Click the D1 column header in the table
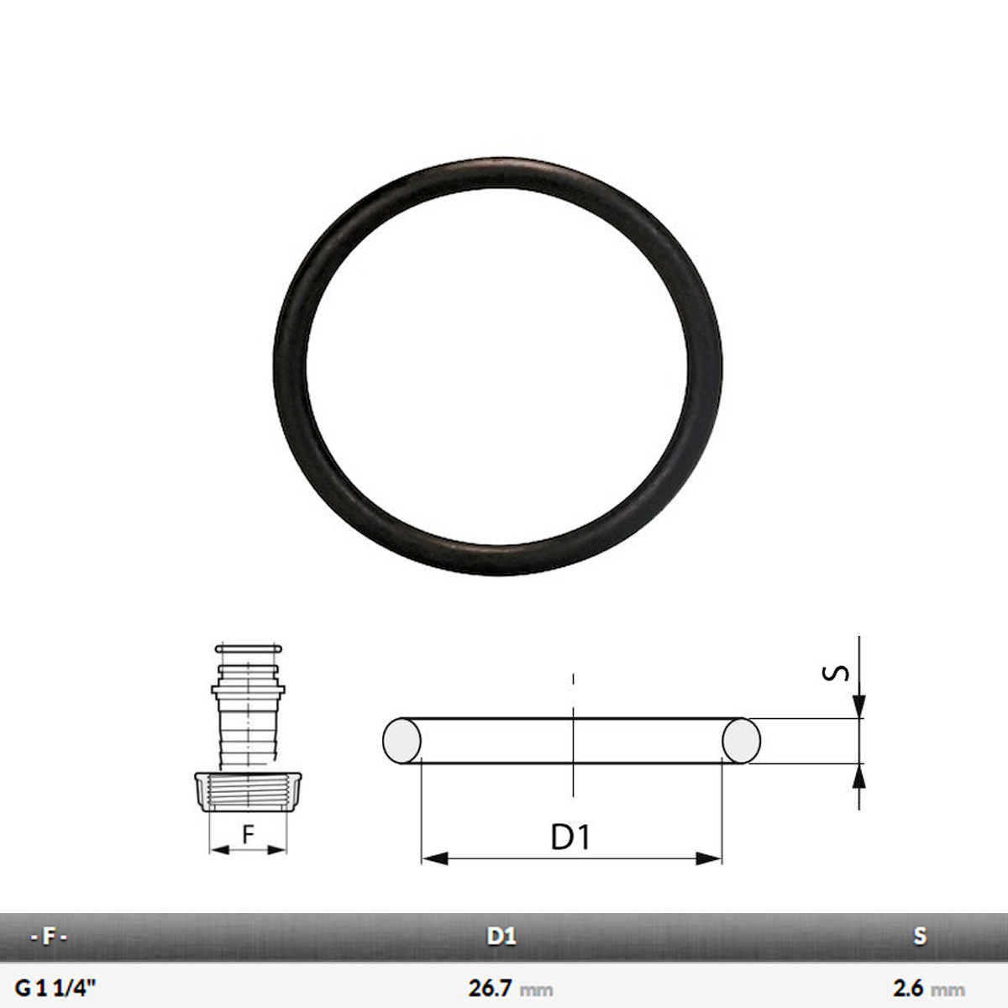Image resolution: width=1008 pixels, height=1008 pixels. pos(501,937)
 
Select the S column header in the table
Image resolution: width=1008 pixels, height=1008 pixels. pos(920,937)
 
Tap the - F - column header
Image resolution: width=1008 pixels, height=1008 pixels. pos(48,937)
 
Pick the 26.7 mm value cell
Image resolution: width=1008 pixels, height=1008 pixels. pos(510,989)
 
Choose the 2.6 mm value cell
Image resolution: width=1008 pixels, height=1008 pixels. pos(928,989)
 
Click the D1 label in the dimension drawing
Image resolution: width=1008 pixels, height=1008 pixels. pos(571,837)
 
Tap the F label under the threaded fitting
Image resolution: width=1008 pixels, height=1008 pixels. pos(248,835)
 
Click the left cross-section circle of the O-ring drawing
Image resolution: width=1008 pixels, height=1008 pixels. pos(402,740)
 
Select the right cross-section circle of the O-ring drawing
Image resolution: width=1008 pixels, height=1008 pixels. pos(742,740)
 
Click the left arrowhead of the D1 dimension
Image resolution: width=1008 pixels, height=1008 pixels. pos(433,858)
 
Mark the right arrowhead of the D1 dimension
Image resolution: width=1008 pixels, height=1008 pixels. pos(710,858)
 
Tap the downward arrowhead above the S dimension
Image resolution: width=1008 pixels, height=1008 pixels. pos(859,706)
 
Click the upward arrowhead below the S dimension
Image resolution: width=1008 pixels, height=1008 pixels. pos(859,776)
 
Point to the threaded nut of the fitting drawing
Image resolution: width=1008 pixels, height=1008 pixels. pos(248,792)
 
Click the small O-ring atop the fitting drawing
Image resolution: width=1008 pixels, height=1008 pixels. pos(248,648)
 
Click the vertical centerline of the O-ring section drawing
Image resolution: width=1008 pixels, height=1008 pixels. pos(573,739)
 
